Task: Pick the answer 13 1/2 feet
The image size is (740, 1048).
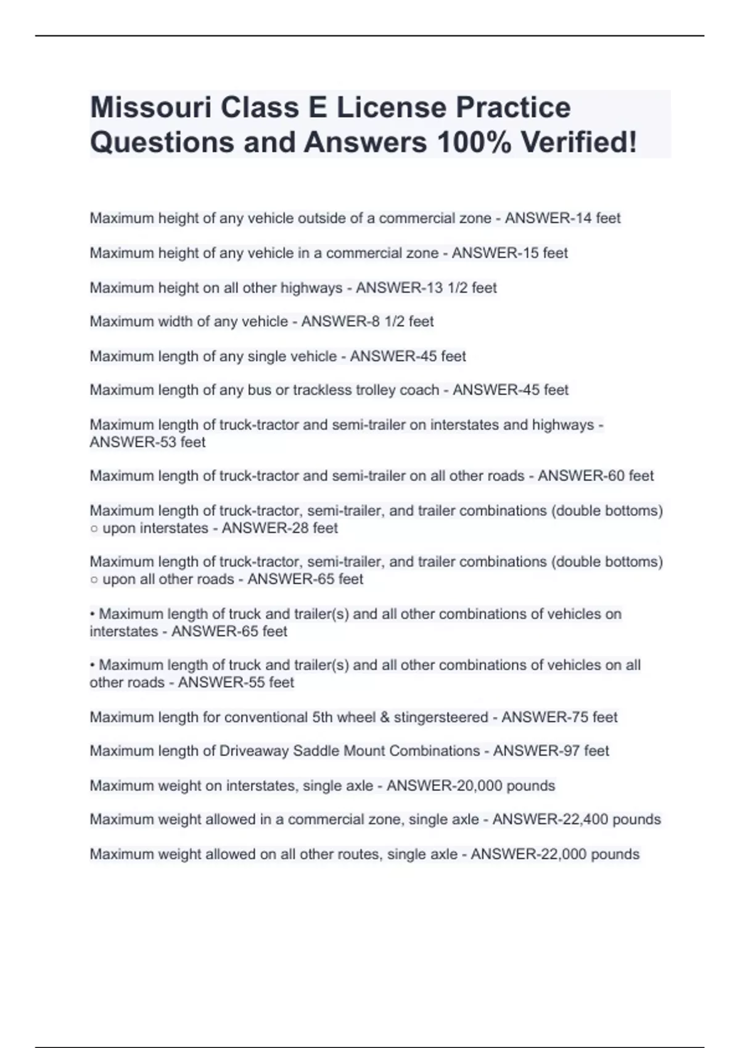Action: [459, 288]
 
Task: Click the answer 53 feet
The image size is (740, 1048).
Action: [183, 442]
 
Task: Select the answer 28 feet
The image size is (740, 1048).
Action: [315, 528]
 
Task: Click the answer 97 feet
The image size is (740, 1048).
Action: [586, 751]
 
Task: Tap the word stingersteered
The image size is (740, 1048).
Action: [441, 717]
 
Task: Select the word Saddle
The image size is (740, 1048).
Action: [315, 751]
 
